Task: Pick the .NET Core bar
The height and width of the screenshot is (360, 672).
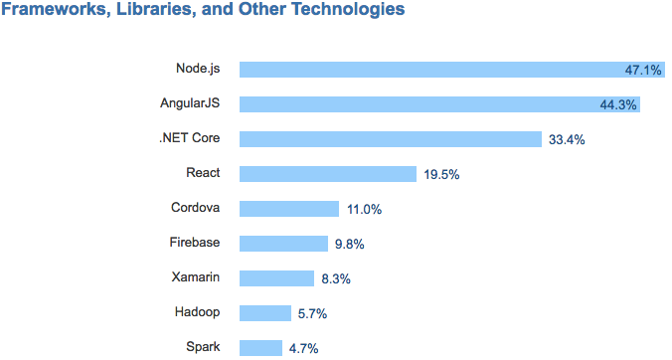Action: pyautogui.click(x=390, y=139)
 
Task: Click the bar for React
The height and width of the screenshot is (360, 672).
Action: pyautogui.click(x=328, y=174)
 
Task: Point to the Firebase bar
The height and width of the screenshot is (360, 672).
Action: pyautogui.click(x=283, y=244)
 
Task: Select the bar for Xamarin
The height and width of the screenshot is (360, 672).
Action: pyautogui.click(x=278, y=278)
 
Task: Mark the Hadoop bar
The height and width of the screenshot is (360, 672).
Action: pyautogui.click(x=265, y=313)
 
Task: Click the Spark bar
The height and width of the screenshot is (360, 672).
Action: pyautogui.click(x=260, y=348)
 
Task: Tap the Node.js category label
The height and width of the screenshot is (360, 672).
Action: pyautogui.click(x=198, y=69)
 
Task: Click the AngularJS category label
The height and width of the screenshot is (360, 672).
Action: pyautogui.click(x=190, y=103)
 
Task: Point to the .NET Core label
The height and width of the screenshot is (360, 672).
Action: pyautogui.click(x=189, y=138)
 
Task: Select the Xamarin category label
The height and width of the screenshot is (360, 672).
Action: pyautogui.click(x=196, y=277)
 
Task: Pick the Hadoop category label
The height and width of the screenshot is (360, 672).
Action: pyautogui.click(x=197, y=312)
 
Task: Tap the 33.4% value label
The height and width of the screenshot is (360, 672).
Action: pyautogui.click(x=567, y=139)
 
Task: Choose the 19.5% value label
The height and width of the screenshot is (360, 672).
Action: pyautogui.click(x=441, y=174)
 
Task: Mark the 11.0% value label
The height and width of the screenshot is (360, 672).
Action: pyautogui.click(x=365, y=209)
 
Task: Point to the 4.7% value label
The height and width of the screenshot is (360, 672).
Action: pyautogui.click(x=304, y=348)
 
